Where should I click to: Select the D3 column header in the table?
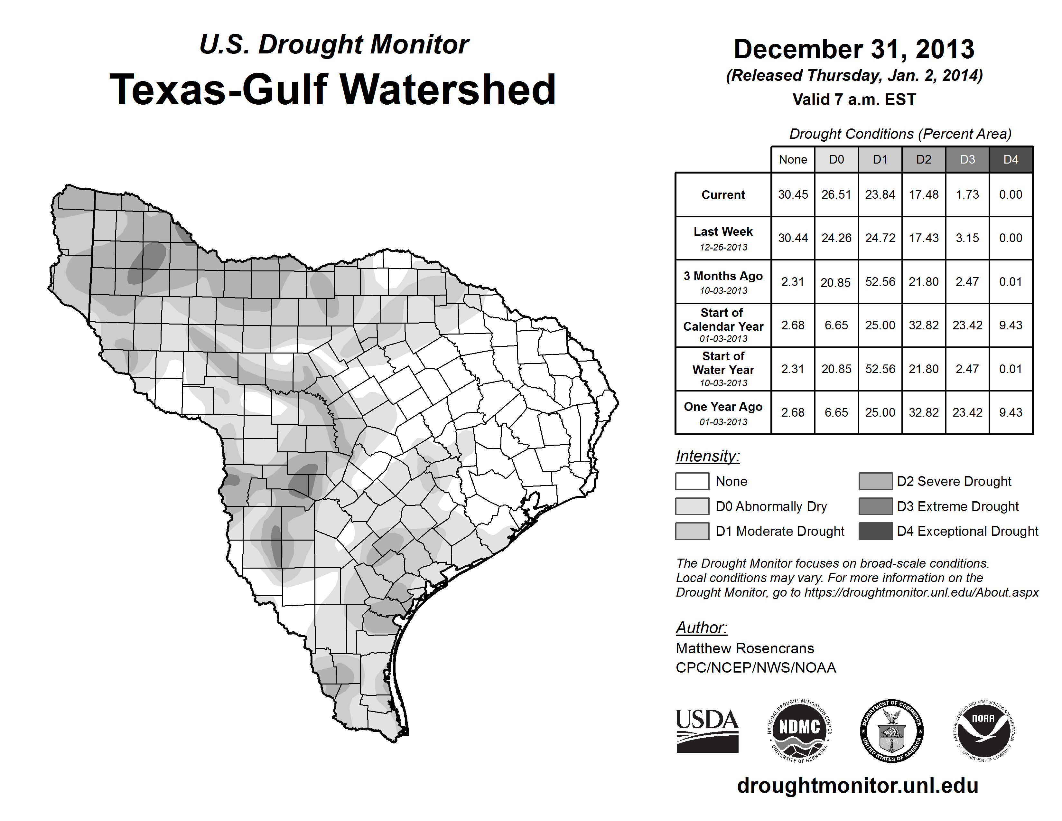(x=967, y=159)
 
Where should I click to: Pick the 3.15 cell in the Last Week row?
(x=967, y=238)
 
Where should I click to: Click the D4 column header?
(x=1011, y=159)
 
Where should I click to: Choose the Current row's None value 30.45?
(x=793, y=194)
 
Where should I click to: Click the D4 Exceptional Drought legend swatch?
(x=875, y=531)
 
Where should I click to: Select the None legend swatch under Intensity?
(x=692, y=481)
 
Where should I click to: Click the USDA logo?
(x=707, y=731)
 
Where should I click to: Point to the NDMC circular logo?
(x=799, y=731)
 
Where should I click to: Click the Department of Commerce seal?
(x=891, y=731)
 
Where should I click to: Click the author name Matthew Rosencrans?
(x=744, y=648)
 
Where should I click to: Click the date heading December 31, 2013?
(x=854, y=49)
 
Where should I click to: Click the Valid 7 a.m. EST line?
(x=854, y=100)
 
